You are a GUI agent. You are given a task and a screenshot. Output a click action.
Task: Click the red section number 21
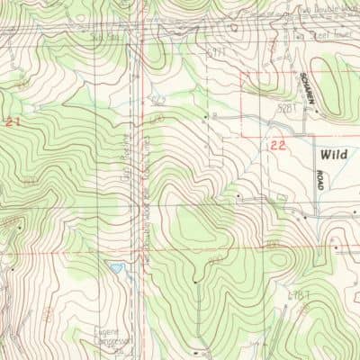tap(12, 120)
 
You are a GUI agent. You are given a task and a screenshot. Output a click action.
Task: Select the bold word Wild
tap(332, 154)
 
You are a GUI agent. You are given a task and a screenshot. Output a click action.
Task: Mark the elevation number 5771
tap(214, 54)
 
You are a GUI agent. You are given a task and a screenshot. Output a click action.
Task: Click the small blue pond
tap(114, 267)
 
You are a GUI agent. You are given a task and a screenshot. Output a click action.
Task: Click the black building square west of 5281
tap(214, 116)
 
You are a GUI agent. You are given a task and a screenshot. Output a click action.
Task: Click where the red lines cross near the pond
tap(144, 250)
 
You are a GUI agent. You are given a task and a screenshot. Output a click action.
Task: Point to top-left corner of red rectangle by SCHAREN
tap(241, 71)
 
